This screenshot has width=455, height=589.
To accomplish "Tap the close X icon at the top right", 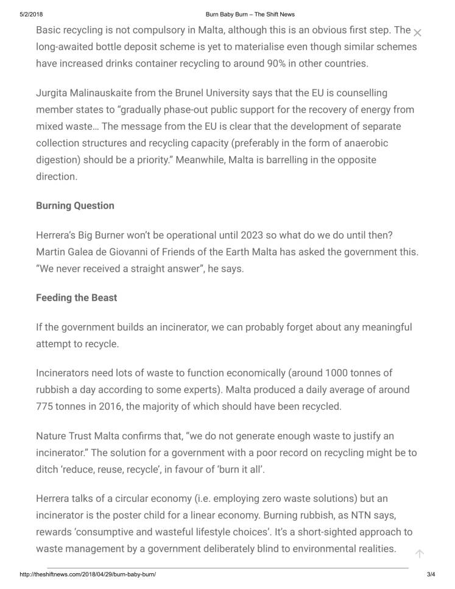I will point(417,32).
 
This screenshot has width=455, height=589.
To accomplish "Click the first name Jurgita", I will point(53,93).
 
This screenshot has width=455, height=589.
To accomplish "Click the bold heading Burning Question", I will point(76,205).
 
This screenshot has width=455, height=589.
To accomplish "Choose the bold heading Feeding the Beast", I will point(77,298).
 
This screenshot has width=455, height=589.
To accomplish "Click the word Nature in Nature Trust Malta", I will point(52,436).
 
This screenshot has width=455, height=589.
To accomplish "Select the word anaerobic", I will point(364,143).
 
